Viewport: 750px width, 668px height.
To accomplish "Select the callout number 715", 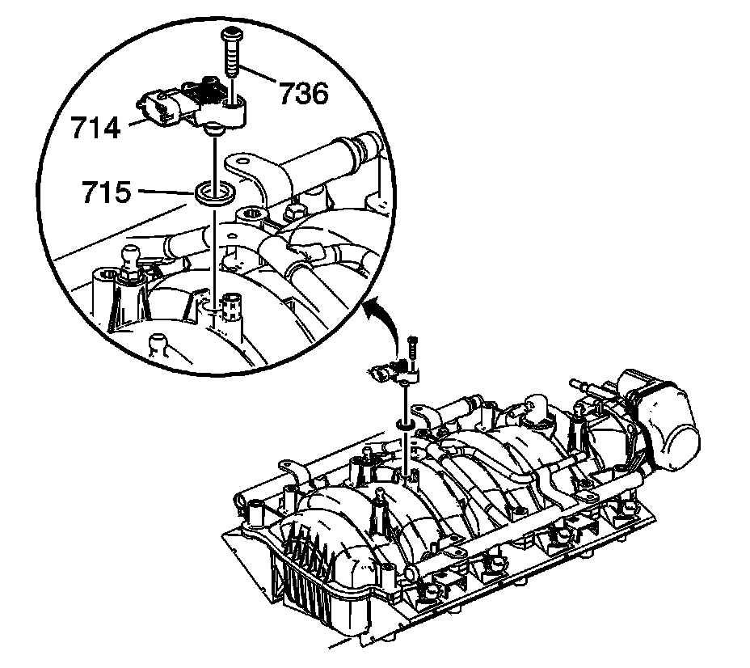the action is coord(106,192).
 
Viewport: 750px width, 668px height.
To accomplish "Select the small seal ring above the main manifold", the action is coord(405,423).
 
